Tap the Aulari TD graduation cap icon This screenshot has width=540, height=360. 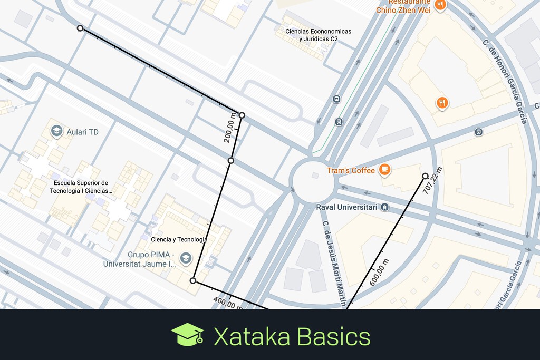tap(56, 131)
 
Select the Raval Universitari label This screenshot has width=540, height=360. tap(346, 207)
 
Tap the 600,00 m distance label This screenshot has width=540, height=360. tap(380, 272)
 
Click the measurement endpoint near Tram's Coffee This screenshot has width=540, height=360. tap(425, 176)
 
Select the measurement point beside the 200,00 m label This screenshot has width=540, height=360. tap(242, 115)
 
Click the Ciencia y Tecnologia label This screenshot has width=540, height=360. tap(179, 239)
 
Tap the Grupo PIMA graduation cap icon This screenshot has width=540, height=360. tap(185, 258)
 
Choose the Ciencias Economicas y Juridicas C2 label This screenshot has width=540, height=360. tap(318, 35)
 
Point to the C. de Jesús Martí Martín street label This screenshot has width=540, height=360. tap(334, 264)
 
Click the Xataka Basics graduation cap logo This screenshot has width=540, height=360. tap(187, 335)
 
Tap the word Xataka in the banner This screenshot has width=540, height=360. tap(251, 336)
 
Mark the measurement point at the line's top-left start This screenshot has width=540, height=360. tap(80, 28)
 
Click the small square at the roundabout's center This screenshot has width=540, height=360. tap(315, 176)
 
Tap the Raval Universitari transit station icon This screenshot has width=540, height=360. tap(385, 207)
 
